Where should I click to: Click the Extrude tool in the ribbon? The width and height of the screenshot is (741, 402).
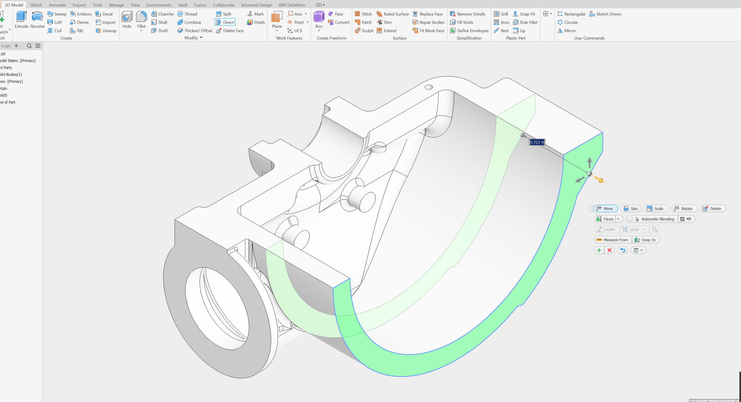coord(21,20)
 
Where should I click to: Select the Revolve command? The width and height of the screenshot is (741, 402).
coord(37,20)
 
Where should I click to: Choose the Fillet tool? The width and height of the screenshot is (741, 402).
coord(141,20)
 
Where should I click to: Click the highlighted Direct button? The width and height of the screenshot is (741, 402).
coord(225,22)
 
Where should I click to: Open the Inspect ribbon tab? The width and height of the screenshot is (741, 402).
coord(79,5)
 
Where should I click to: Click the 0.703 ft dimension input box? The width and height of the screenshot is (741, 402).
coord(537,142)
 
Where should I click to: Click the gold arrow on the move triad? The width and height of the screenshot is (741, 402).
coord(599,180)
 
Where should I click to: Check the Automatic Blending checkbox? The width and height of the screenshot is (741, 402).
coord(630,219)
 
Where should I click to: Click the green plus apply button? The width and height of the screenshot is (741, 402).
coord(599,250)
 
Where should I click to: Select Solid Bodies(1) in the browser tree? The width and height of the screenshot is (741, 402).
coord(11,74)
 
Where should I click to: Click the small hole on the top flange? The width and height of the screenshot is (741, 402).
coord(429,87)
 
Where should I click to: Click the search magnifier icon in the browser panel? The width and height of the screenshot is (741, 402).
coord(29,46)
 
